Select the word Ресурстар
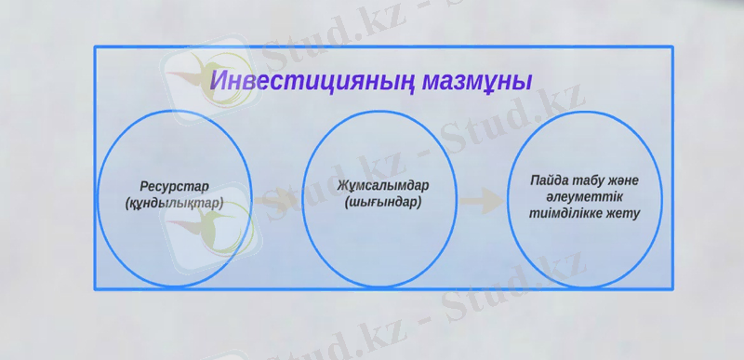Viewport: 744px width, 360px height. tap(174, 185)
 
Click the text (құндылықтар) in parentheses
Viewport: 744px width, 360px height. tap(174, 202)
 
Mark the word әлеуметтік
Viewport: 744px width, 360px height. tap(583, 196)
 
